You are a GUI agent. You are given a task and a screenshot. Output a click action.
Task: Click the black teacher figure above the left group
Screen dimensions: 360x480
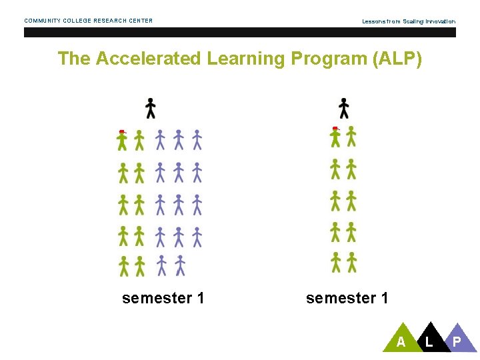151,108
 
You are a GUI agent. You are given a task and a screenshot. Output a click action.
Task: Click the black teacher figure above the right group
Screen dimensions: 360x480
344,108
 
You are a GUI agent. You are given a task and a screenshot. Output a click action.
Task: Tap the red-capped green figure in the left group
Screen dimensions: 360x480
122,139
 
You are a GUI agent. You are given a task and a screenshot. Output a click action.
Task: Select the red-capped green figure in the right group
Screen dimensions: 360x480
335,136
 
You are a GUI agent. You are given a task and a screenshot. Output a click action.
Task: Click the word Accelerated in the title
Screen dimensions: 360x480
148,59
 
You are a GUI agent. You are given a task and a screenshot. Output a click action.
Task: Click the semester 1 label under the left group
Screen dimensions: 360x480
163,298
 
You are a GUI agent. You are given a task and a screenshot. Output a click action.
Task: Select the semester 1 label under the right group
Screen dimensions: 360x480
347,298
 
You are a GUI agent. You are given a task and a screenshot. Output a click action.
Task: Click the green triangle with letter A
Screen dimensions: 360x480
400,341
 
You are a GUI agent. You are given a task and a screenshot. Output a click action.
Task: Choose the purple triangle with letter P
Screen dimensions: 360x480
458,341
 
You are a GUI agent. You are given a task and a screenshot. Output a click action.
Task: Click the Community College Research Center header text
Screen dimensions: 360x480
89,21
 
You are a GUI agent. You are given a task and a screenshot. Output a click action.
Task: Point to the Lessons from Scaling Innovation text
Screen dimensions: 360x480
409,21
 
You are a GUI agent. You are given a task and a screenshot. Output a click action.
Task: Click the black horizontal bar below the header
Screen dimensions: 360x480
240,32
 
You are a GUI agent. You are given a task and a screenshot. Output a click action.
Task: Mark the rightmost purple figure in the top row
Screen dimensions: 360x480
197,140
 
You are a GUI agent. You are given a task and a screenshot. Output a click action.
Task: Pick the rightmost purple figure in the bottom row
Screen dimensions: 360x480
180,265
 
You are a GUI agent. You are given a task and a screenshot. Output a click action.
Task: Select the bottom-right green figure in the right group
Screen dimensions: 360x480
351,262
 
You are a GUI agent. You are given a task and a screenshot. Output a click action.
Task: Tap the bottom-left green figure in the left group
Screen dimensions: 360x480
123,265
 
